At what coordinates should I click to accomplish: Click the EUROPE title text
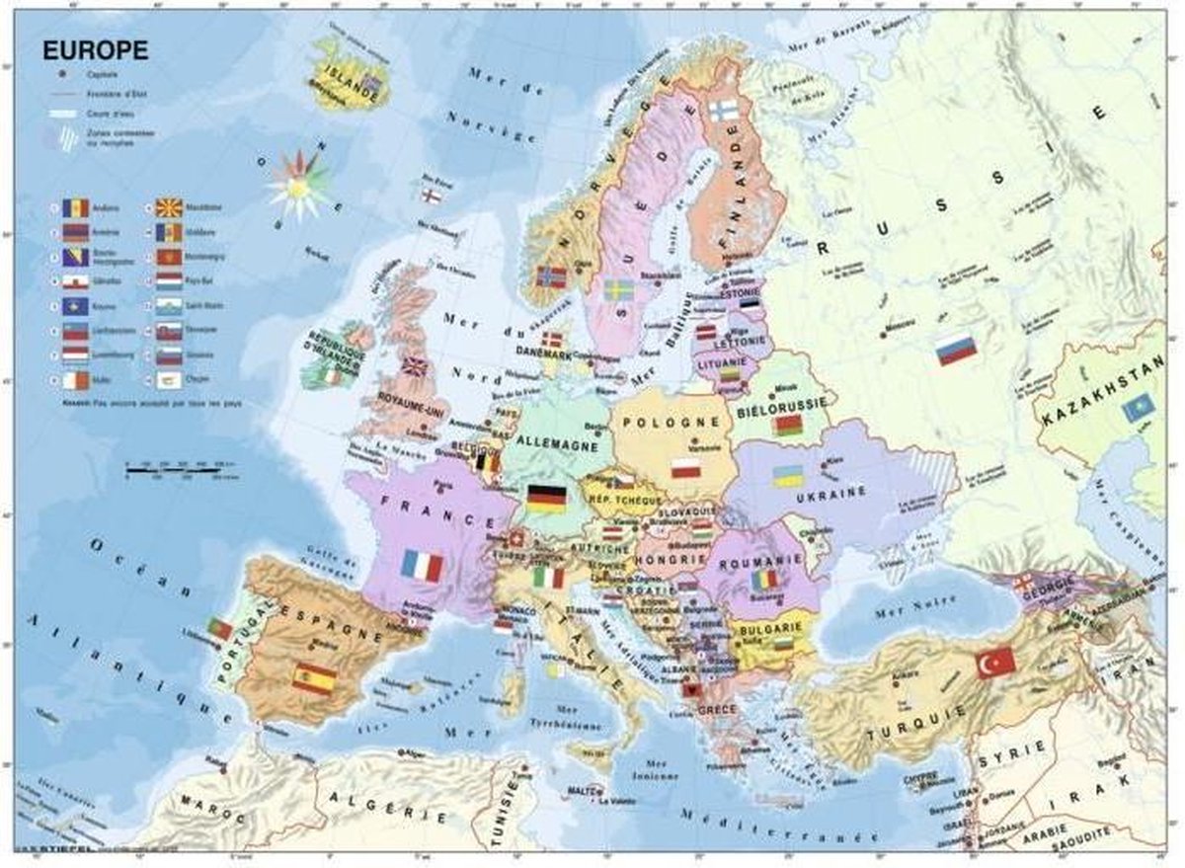coord(95,49)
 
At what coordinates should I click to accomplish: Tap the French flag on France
coord(422,566)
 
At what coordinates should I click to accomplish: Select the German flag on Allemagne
coord(546,499)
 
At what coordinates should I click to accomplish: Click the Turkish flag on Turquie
coord(995,663)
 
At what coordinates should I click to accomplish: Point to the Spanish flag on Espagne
coord(314,678)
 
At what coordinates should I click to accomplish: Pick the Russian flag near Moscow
coord(956,350)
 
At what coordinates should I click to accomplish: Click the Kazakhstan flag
coord(1138,406)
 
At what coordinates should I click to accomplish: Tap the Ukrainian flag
coord(787,476)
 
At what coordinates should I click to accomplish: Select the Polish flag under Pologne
coord(685,467)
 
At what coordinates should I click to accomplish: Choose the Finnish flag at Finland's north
coord(723,110)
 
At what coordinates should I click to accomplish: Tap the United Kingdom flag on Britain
coord(414,367)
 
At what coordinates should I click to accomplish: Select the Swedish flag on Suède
coord(619,290)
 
